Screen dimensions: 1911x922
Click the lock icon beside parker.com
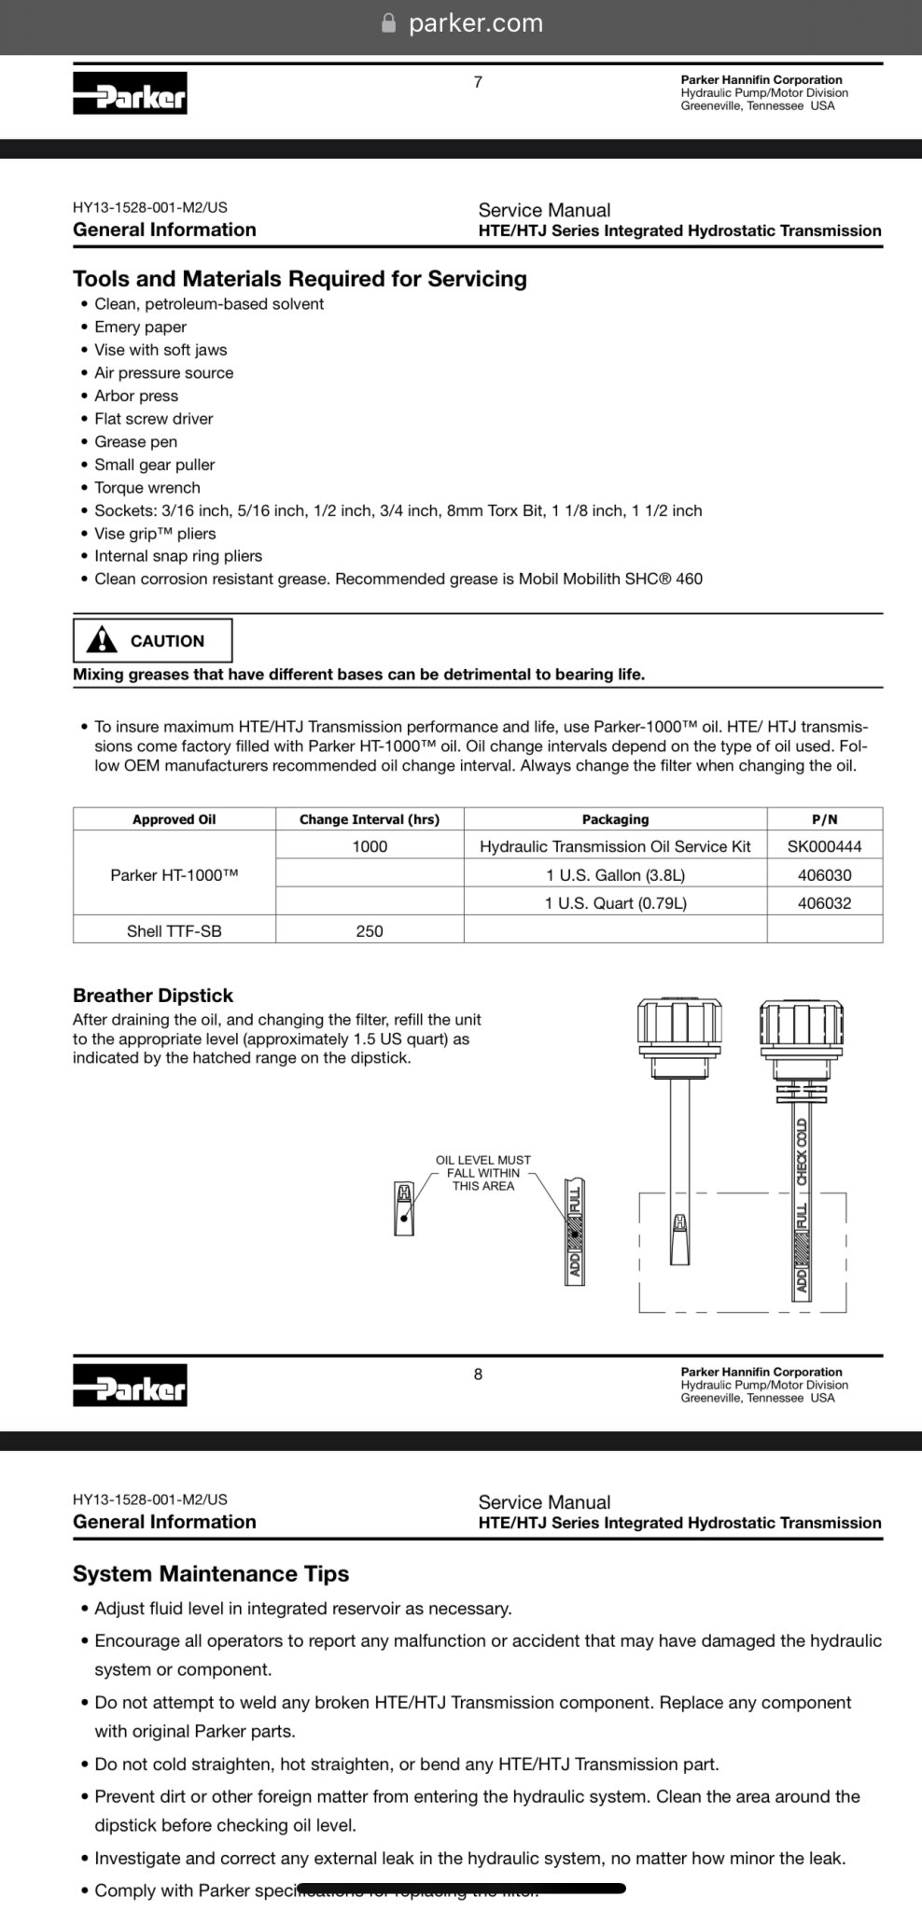[x=389, y=23]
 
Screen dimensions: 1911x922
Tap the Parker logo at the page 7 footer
[x=130, y=93]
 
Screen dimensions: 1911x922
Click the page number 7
[x=478, y=82]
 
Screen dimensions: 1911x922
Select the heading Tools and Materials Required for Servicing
[x=300, y=279]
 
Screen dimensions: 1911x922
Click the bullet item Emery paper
[x=140, y=327]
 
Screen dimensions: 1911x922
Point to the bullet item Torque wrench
[x=147, y=487]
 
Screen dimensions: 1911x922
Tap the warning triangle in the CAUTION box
[x=102, y=640]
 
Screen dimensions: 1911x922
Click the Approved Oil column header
[x=174, y=819]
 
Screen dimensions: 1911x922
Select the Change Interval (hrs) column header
[x=369, y=819]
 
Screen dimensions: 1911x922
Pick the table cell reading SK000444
[x=824, y=846]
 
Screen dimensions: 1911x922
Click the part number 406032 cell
[x=824, y=903]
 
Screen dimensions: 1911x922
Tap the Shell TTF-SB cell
[x=174, y=930]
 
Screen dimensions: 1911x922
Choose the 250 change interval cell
[x=369, y=930]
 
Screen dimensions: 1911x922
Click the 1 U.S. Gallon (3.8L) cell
[x=615, y=875]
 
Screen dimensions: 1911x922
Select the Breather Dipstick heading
[x=153, y=996]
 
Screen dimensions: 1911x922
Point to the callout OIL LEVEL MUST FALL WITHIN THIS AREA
[x=482, y=1173]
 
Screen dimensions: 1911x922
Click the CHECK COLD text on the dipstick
[x=802, y=1152]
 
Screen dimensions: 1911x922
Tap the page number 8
[x=478, y=1374]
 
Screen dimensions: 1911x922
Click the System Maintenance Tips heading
[x=211, y=1573]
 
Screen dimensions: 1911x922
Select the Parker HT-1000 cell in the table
[x=174, y=875]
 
